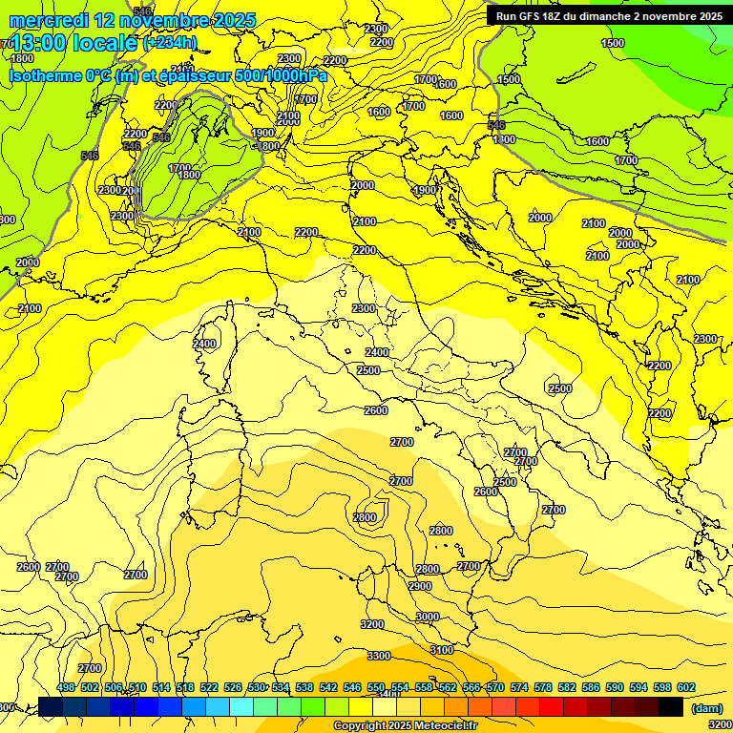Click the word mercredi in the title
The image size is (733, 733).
coord(48,20)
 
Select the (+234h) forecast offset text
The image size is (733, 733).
coord(169,42)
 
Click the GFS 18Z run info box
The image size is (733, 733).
coord(608,15)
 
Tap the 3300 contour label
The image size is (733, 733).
coord(379,656)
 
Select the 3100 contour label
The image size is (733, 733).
coord(442,650)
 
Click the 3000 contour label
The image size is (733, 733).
coord(428,617)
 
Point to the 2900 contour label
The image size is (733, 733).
coord(420,586)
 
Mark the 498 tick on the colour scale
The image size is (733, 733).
coord(66,687)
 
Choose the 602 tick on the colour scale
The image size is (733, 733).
coord(685,687)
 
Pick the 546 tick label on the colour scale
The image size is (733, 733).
coord(351,687)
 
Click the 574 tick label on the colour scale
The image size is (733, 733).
coord(519,687)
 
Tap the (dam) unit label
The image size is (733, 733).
coord(707,707)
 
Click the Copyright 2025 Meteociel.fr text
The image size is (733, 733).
coord(405,726)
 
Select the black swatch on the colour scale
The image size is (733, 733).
coord(671,707)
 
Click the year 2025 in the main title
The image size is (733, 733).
coord(232,20)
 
